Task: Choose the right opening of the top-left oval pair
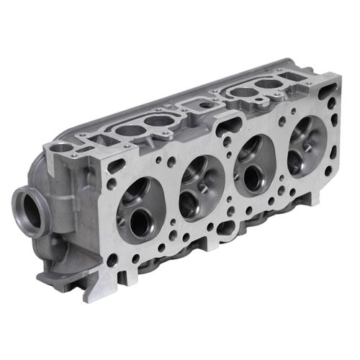[158, 121]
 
